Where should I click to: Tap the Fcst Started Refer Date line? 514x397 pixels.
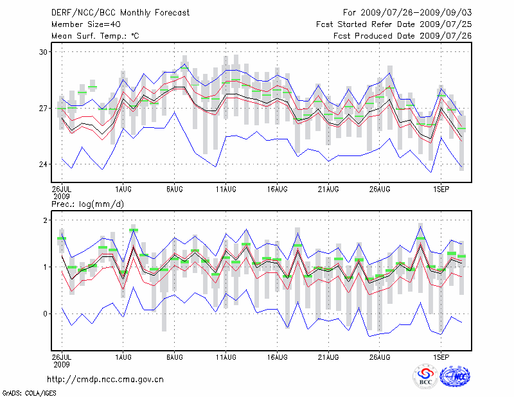point(394,24)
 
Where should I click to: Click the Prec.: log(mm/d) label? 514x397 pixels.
point(87,204)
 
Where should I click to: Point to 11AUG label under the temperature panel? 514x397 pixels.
point(226,190)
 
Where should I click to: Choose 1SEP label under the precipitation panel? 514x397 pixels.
point(441,355)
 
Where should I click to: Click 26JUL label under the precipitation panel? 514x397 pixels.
point(62,355)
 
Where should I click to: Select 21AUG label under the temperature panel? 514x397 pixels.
point(328,190)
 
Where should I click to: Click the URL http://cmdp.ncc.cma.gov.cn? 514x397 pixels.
point(105,380)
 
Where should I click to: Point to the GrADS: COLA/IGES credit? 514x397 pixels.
point(25,392)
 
